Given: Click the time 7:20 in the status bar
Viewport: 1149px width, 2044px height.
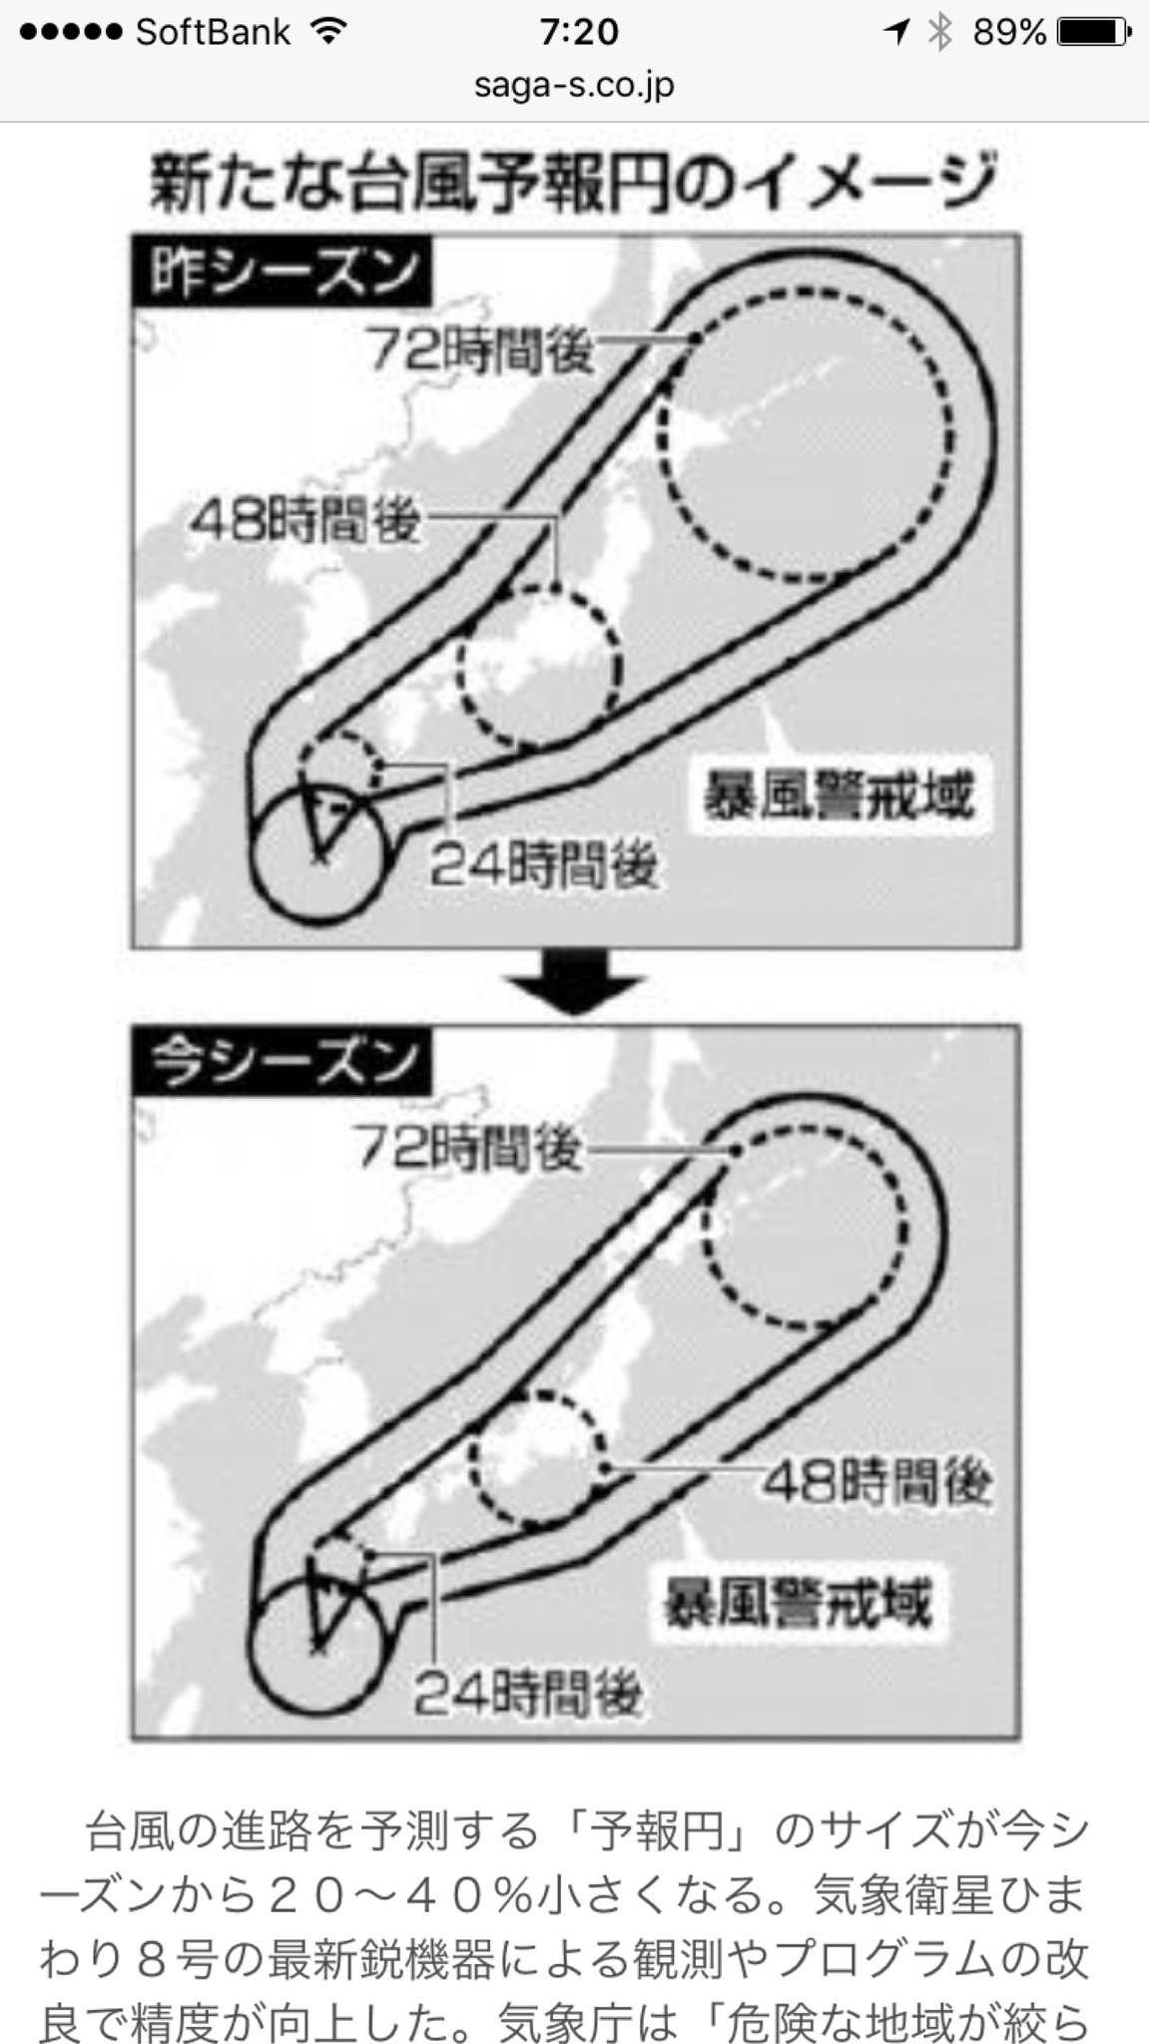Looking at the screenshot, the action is (x=578, y=33).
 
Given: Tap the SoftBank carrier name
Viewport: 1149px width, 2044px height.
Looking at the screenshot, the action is (x=213, y=33).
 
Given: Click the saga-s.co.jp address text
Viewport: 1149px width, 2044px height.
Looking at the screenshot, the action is (x=574, y=85).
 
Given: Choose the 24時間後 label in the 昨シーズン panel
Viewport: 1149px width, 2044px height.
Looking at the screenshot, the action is (x=544, y=865).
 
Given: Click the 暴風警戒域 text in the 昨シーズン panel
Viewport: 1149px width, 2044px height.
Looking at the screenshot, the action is (x=838, y=796).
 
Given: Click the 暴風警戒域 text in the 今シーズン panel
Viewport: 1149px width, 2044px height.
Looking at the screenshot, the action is (x=799, y=1605).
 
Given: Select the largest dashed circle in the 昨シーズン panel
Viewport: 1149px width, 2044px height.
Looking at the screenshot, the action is (x=659, y=435).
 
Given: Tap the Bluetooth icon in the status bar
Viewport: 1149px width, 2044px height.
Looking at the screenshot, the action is (x=939, y=33).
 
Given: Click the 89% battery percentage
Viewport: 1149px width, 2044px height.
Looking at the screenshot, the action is (x=1009, y=33).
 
